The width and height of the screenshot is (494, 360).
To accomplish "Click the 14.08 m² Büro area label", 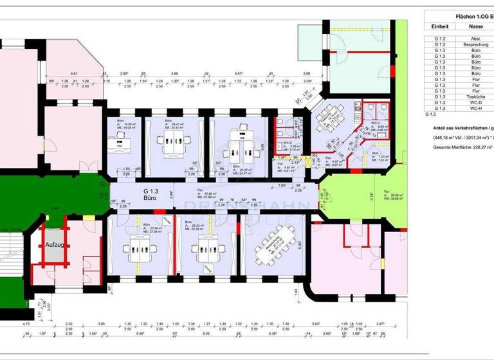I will (x=125, y=125).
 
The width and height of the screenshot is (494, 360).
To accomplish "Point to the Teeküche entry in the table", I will (x=476, y=96).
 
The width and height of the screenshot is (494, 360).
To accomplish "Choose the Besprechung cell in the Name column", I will (x=476, y=45).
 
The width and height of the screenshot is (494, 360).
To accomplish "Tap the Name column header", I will (x=476, y=26).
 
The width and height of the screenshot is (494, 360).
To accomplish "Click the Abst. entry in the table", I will (x=476, y=39).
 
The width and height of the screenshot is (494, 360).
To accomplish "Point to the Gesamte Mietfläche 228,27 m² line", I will (x=458, y=147).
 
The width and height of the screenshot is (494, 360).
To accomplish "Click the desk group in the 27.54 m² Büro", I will (x=139, y=248).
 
